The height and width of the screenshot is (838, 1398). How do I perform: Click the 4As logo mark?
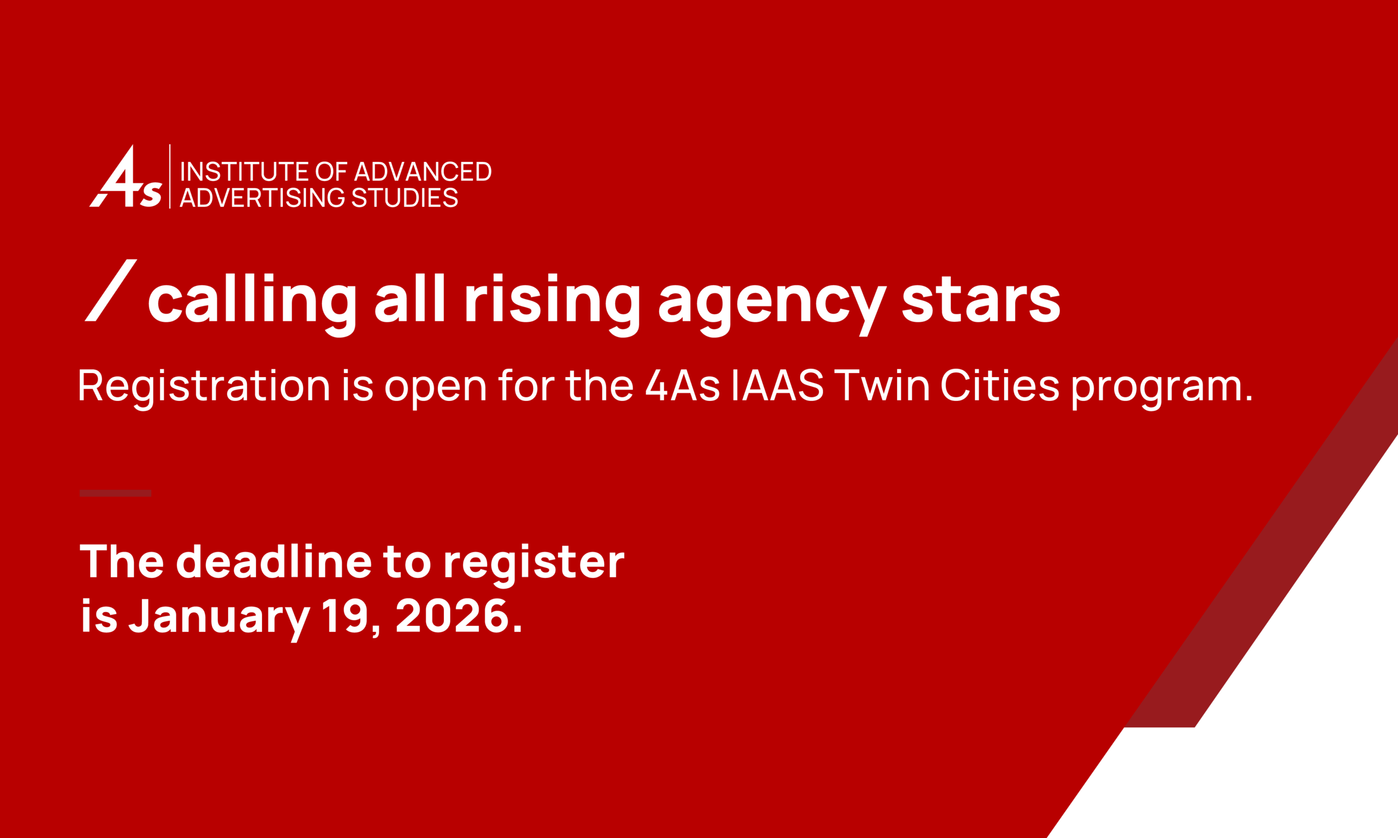click(126, 176)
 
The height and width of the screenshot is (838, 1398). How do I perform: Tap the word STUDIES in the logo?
click(405, 197)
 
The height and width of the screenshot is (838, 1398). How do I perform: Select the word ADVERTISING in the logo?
click(262, 197)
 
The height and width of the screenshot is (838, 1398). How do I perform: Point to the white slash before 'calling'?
click(111, 290)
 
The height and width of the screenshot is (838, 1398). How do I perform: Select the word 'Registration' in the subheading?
click(204, 387)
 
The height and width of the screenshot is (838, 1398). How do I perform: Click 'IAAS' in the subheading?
click(778, 386)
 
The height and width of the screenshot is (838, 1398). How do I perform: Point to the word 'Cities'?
click(999, 386)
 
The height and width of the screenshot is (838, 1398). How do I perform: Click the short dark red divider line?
click(115, 493)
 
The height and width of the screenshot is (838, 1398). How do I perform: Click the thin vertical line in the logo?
click(169, 176)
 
